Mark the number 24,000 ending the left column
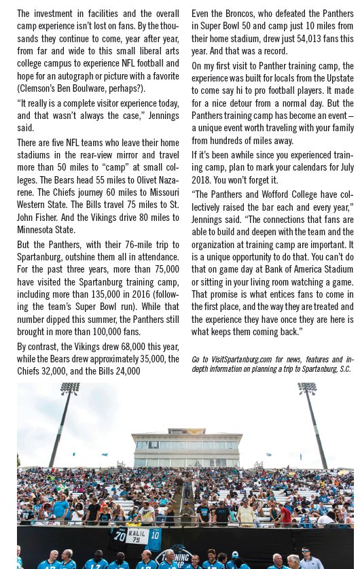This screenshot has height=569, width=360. coord(125,371)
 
